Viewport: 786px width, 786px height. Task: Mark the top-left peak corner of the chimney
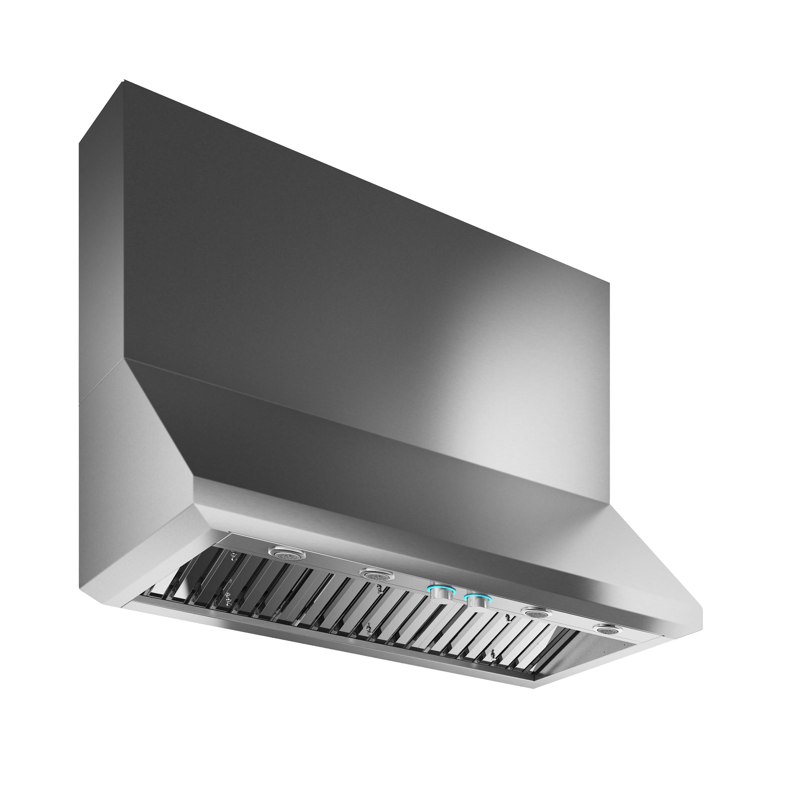[x=124, y=80]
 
